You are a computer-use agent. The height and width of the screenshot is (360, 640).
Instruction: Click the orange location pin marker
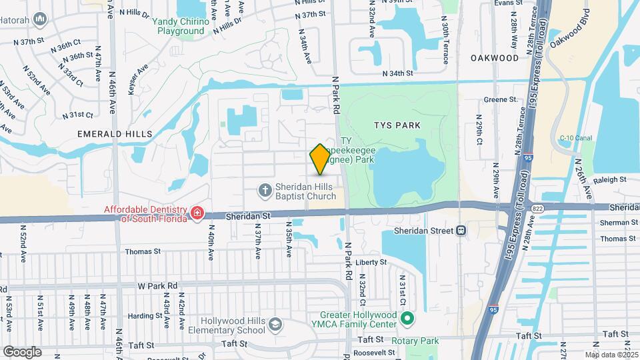pyautogui.click(x=320, y=159)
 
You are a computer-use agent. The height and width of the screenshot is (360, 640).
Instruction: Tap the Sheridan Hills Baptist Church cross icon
pyautogui.click(x=265, y=191)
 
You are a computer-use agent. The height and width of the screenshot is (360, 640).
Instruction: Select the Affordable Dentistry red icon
pyautogui.click(x=197, y=213)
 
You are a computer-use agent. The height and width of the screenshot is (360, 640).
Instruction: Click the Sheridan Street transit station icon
pyautogui.click(x=461, y=231)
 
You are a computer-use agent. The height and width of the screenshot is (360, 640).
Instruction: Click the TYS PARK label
pyautogui.click(x=397, y=125)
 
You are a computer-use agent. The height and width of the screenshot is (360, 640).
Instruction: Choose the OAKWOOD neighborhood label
pyautogui.click(x=494, y=58)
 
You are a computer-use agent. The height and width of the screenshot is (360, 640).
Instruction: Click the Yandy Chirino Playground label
pyautogui.click(x=181, y=26)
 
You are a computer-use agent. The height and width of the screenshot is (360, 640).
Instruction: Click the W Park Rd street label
pyautogui.click(x=157, y=285)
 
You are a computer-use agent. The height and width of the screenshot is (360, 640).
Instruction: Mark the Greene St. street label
pyautogui.click(x=500, y=100)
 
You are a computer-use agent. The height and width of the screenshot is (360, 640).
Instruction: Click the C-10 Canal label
pyautogui.click(x=576, y=138)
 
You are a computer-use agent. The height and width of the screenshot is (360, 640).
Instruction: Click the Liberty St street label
pyautogui.click(x=371, y=263)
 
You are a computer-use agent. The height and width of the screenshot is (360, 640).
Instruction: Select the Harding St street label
pyautogui.click(x=141, y=316)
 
